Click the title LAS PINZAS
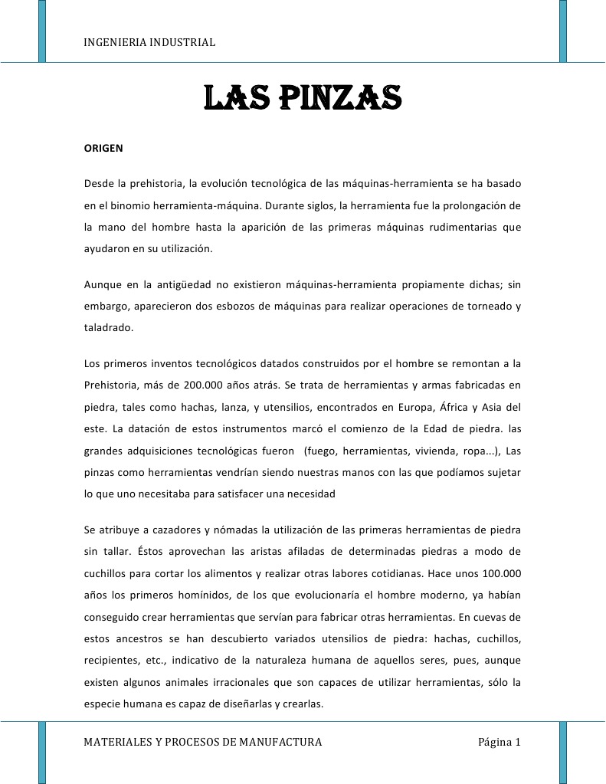click(303, 97)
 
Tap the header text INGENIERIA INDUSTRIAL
click(149, 41)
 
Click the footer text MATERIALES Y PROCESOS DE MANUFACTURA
click(202, 742)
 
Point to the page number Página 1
click(499, 742)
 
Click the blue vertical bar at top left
click(42, 31)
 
